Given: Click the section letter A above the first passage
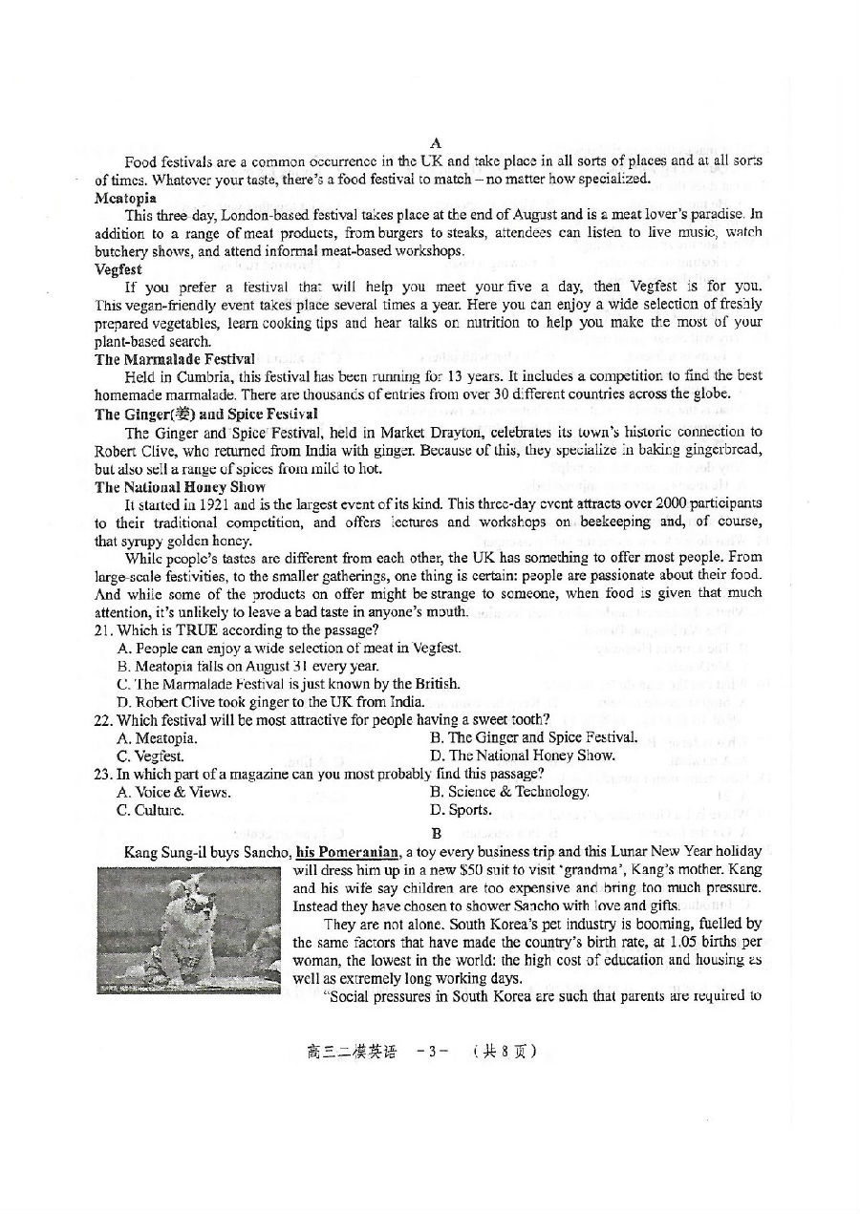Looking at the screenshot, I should (x=435, y=143).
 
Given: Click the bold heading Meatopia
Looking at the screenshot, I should (x=125, y=198).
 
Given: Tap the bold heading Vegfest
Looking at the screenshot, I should (x=118, y=269).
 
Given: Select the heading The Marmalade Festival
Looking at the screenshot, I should (x=175, y=359).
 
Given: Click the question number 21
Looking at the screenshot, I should (x=104, y=629).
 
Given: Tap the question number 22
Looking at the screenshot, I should (x=104, y=719).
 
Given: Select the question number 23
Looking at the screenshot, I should (x=104, y=774).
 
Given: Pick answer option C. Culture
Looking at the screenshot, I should (x=150, y=810).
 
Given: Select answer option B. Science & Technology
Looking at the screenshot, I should (x=509, y=792).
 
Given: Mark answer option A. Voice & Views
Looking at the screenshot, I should (x=173, y=792).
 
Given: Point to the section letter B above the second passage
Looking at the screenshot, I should (x=435, y=832).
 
